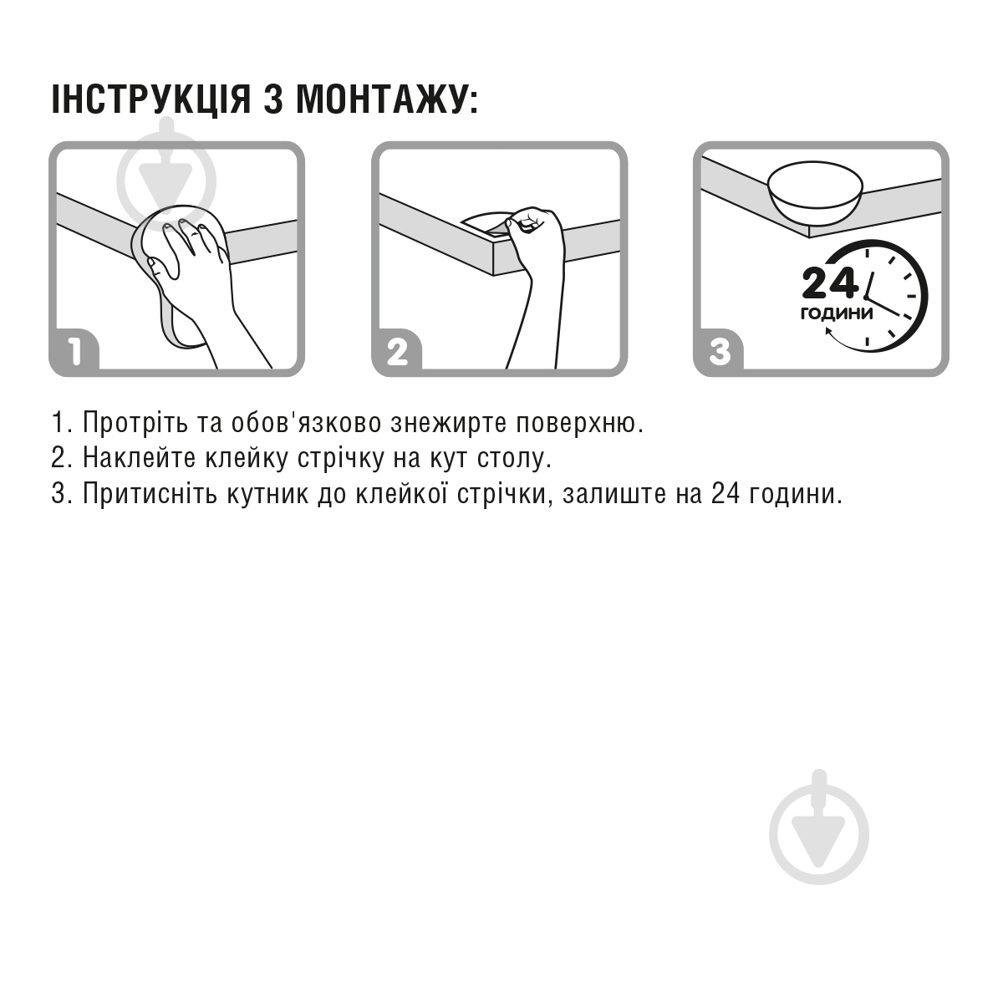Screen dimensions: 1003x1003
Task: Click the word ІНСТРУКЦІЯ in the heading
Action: coord(151,99)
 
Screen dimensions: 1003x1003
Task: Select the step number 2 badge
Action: coord(398,351)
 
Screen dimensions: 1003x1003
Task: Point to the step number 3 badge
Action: coord(720,351)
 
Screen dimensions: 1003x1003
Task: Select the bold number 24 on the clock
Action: coord(829,283)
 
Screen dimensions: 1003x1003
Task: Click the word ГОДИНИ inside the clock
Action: coord(837,313)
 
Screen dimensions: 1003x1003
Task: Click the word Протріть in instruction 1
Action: coord(135,422)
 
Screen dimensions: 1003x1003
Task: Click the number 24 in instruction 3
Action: coord(725,493)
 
